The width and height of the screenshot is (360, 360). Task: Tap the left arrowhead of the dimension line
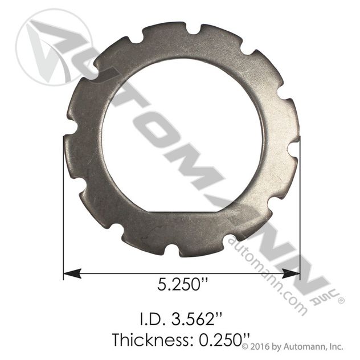coord(72,273)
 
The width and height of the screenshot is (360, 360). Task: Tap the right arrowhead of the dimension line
coord(291,273)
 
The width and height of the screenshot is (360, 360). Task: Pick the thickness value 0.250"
coord(224,340)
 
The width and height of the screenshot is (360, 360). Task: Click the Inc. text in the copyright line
coord(336,347)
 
